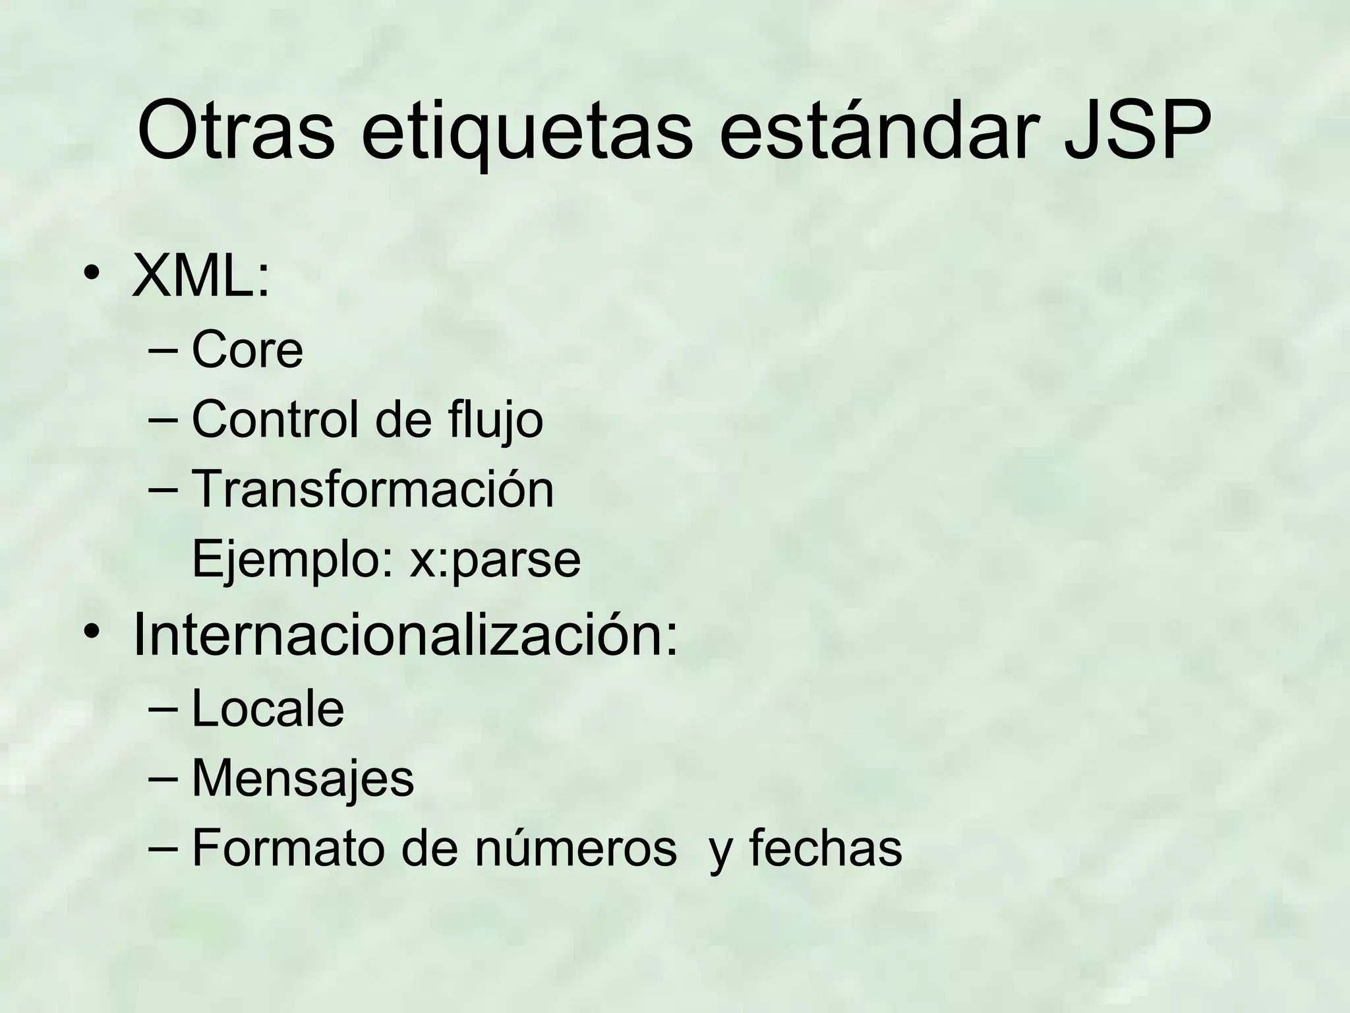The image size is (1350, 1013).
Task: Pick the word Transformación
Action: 372,489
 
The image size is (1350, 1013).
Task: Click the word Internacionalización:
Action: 405,636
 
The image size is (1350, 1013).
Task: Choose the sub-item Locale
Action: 268,709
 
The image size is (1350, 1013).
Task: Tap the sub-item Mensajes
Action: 303,778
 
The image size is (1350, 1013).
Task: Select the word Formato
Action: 288,848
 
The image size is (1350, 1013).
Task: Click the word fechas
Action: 825,848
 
